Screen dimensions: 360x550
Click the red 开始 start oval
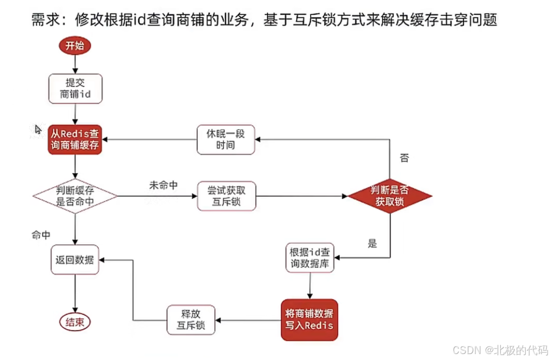click(x=75, y=46)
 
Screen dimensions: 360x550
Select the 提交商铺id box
click(x=75, y=89)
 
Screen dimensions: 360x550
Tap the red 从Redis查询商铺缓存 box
click(x=75, y=139)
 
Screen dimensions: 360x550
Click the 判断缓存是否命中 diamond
click(x=75, y=196)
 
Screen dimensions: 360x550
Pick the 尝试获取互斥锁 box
click(x=226, y=196)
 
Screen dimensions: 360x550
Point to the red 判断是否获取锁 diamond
click(x=390, y=196)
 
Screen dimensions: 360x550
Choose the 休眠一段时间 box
click(x=226, y=139)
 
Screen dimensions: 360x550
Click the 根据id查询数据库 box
click(x=310, y=258)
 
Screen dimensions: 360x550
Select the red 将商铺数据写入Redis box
click(x=309, y=320)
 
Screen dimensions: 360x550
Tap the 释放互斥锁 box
click(x=191, y=320)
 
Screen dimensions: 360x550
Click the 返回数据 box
click(x=75, y=260)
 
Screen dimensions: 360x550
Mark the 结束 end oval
click(x=75, y=322)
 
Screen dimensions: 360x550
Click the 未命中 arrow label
click(x=163, y=185)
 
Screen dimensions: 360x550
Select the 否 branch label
click(x=404, y=159)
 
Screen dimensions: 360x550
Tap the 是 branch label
click(x=372, y=244)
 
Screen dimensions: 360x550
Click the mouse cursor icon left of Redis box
click(x=38, y=129)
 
